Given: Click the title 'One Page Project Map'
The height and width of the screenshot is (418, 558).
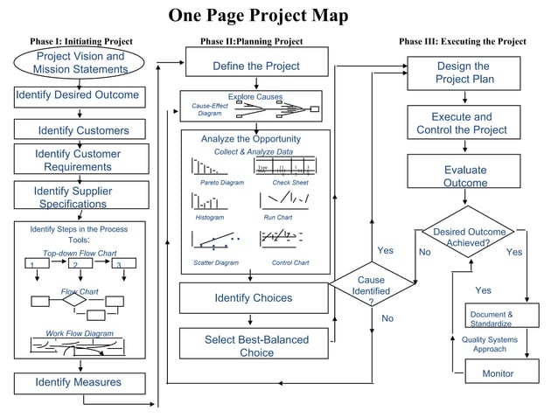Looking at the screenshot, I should (258, 16).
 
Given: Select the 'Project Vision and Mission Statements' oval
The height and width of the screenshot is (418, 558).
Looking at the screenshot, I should (80, 63).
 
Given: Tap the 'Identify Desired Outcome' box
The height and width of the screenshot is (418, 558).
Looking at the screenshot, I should (77, 94).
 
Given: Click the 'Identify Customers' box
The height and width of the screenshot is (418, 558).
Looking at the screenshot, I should (82, 130).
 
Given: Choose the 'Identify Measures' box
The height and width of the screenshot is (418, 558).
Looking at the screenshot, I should (78, 382).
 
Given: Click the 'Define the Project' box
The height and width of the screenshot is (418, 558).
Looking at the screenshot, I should (255, 66).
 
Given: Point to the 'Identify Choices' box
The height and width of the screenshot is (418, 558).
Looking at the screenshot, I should (253, 298).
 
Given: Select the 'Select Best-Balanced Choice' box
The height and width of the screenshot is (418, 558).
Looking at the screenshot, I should (256, 345).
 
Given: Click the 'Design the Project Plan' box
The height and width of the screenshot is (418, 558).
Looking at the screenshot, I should (462, 73).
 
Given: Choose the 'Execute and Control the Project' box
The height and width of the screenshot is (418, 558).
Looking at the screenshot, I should (461, 123).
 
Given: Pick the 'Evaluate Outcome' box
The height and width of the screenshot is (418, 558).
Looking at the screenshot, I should (464, 176).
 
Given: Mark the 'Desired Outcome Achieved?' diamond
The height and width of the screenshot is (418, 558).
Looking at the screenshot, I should (469, 236).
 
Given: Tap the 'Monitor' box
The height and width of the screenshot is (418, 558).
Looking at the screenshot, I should (498, 374).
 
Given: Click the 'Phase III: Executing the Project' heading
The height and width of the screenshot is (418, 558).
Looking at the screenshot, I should (462, 41).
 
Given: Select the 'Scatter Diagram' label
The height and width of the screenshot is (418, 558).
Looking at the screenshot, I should (215, 262).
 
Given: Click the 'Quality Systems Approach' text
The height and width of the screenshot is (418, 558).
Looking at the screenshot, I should (489, 344).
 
